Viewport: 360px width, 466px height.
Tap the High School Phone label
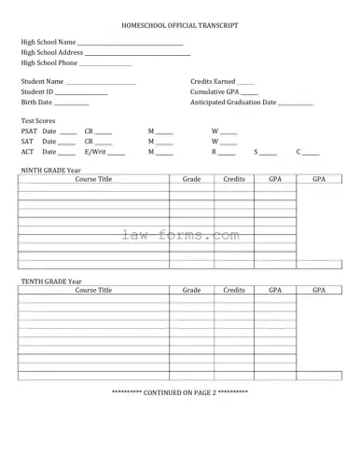[48, 63]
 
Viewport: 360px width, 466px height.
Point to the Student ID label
[37, 93]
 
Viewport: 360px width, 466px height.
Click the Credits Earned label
[213, 83]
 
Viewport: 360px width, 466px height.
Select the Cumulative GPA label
[214, 93]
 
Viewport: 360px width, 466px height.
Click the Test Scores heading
[38, 121]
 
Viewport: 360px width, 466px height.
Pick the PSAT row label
[29, 132]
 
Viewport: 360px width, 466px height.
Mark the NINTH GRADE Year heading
[51, 171]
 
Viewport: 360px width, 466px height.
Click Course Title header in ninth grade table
[93, 179]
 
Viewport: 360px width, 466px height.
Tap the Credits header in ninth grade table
[234, 179]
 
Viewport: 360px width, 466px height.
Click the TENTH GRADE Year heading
[51, 281]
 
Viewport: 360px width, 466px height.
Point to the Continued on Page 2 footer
[180, 392]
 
